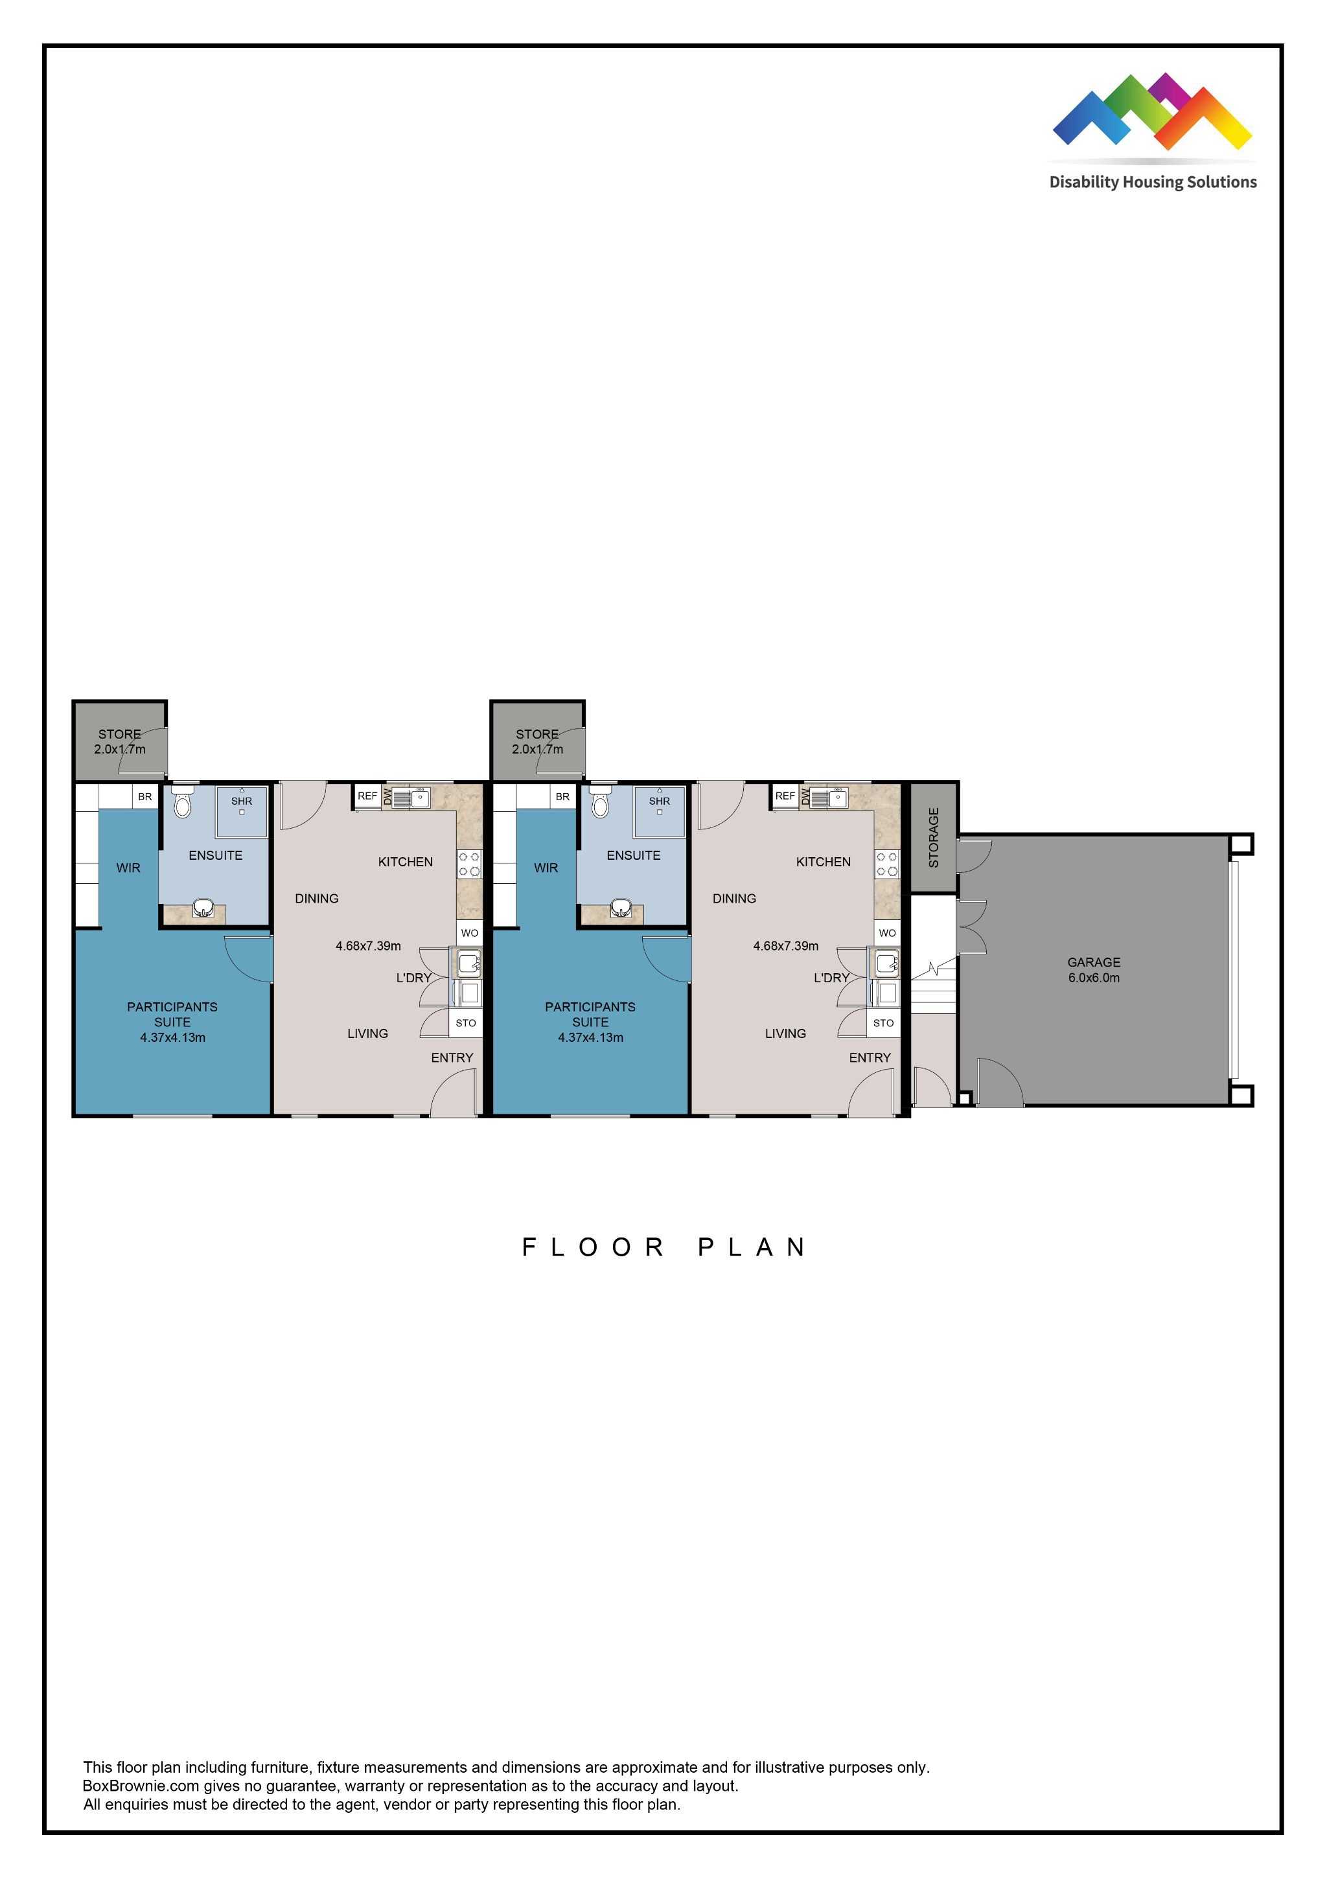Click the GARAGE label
pyautogui.click(x=1093, y=962)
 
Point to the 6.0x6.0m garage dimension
pyautogui.click(x=1093, y=978)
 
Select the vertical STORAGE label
pyautogui.click(x=934, y=837)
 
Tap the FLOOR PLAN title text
pyautogui.click(x=664, y=1247)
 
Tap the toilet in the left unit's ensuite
pyautogui.click(x=183, y=803)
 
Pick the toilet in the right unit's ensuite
pyautogui.click(x=601, y=803)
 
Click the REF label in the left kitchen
pyautogui.click(x=367, y=796)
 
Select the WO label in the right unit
pyautogui.click(x=887, y=933)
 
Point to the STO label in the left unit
pyautogui.click(x=465, y=1022)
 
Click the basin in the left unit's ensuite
pyautogui.click(x=203, y=908)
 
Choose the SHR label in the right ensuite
pyautogui.click(x=659, y=801)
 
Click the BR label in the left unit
pyautogui.click(x=144, y=796)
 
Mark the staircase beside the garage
pyautogui.click(x=933, y=989)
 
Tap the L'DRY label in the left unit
pyautogui.click(x=414, y=978)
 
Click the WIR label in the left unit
pyautogui.click(x=128, y=868)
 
